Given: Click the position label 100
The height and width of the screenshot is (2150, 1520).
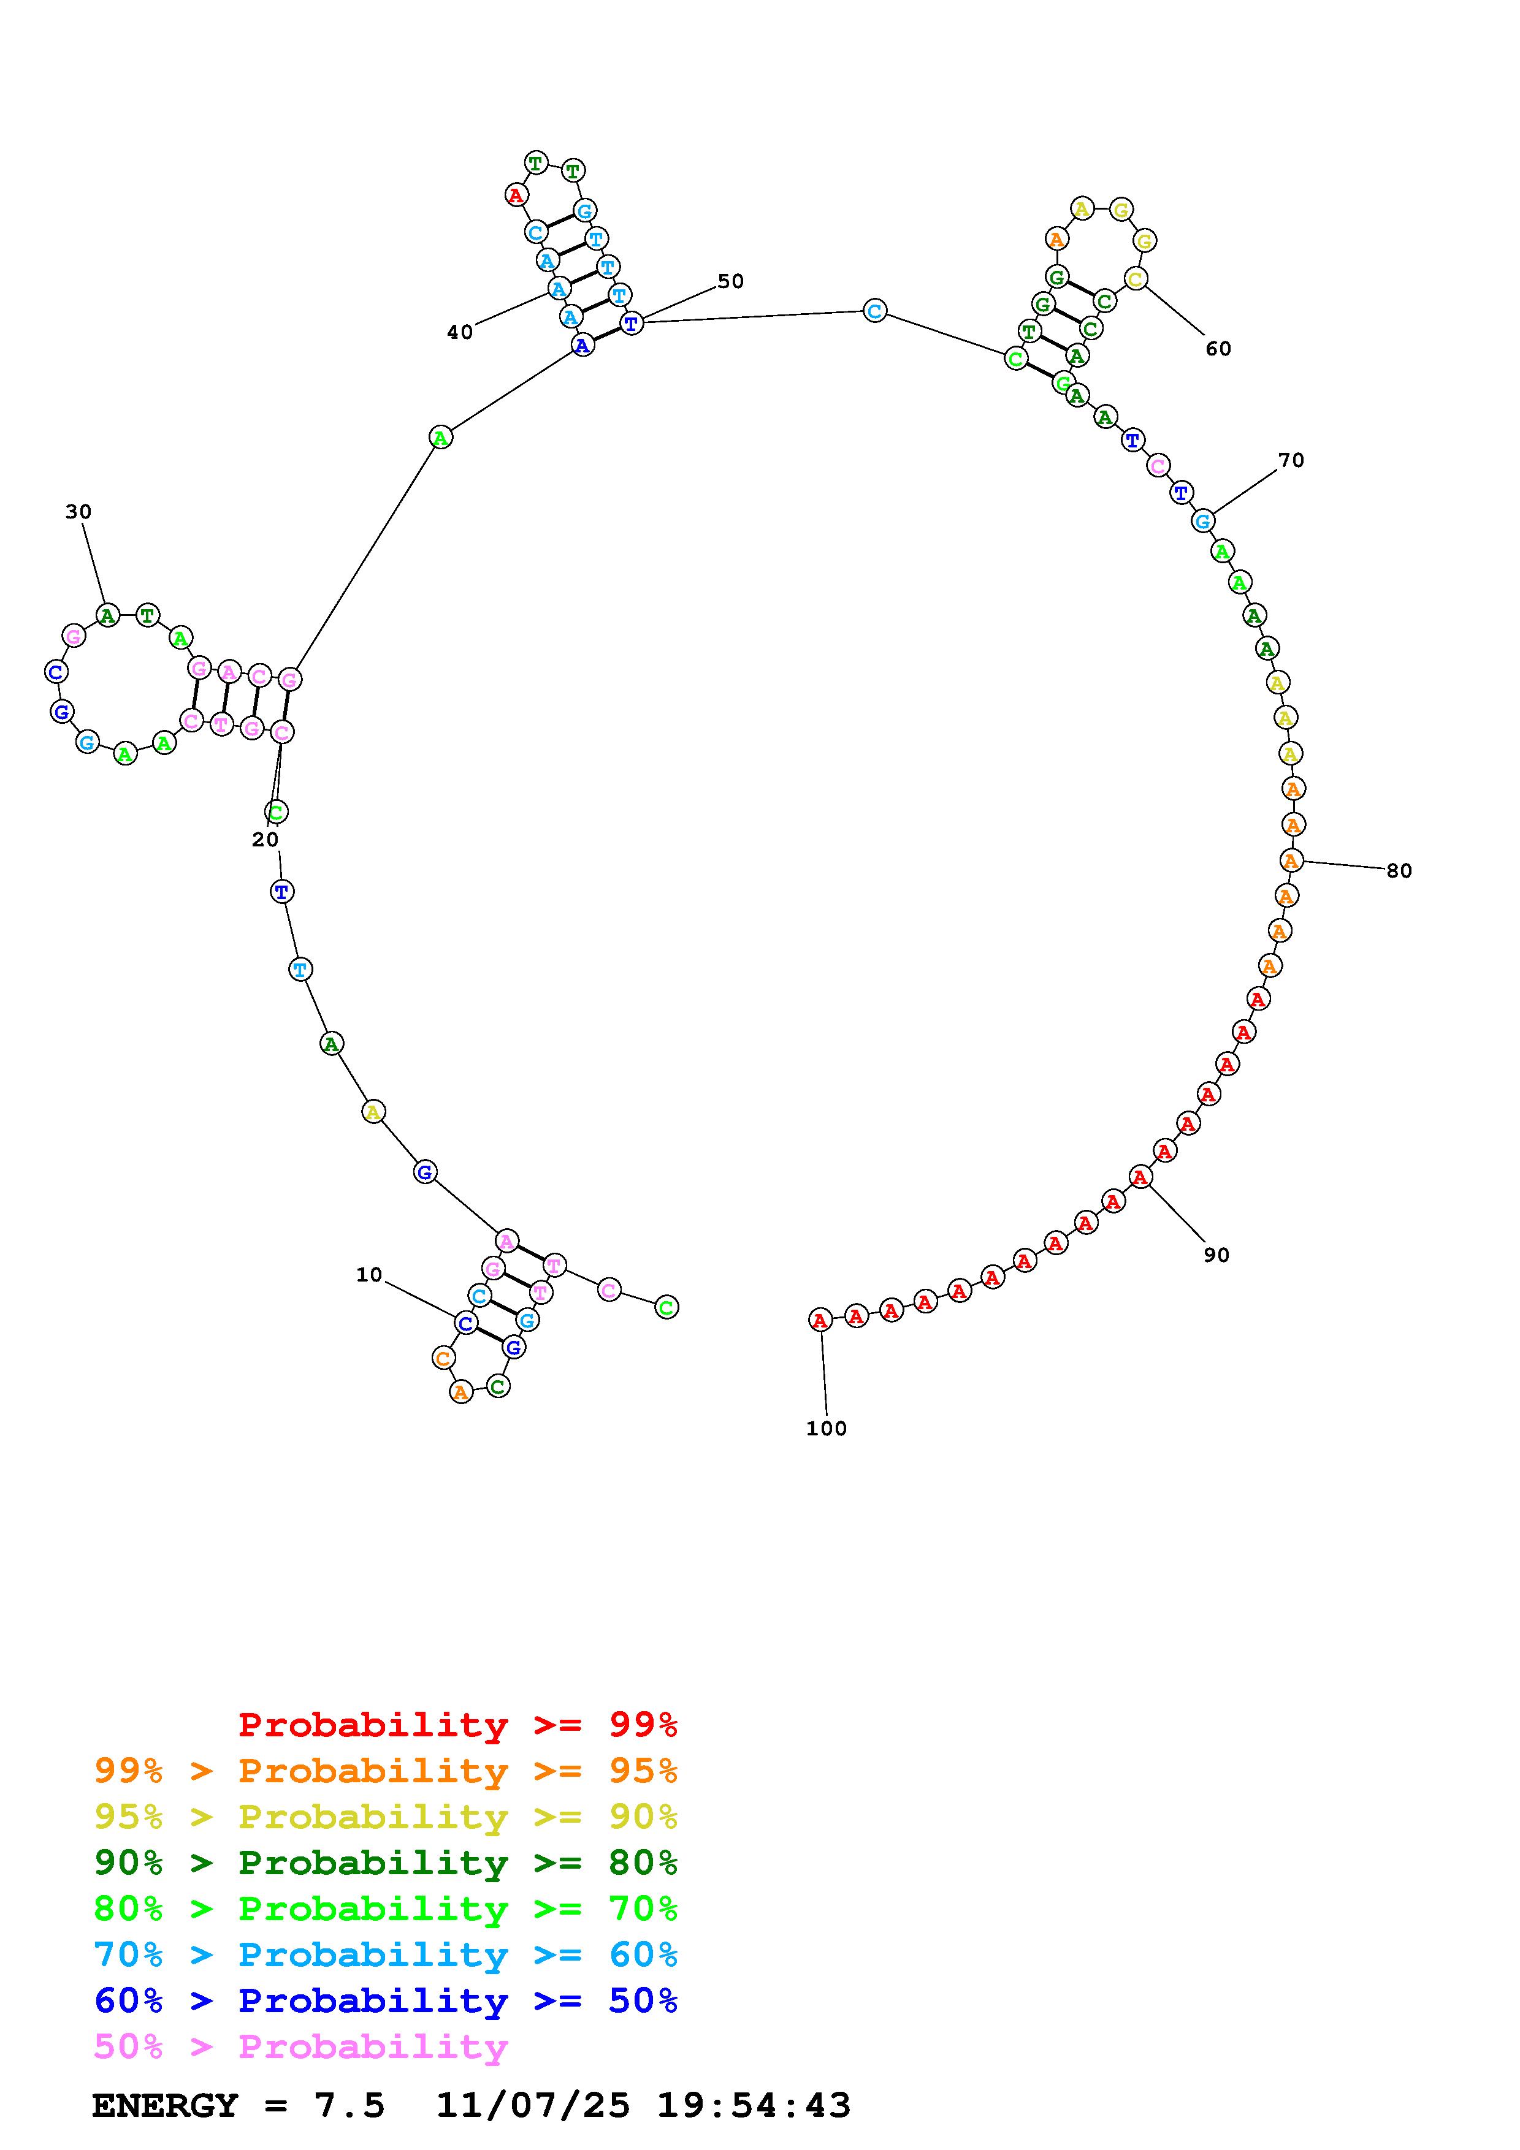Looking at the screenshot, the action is click(826, 1428).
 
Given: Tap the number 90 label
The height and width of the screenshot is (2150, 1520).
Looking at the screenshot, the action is click(1216, 1255).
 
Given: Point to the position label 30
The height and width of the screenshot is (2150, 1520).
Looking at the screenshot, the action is click(78, 511).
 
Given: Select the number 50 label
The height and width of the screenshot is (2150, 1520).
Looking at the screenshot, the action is click(730, 281).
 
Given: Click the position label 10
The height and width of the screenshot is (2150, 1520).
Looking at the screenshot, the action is click(369, 1274).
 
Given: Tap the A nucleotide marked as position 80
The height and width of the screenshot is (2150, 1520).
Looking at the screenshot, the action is click(1291, 860).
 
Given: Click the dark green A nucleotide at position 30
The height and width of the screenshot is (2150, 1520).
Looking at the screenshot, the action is click(108, 615).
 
